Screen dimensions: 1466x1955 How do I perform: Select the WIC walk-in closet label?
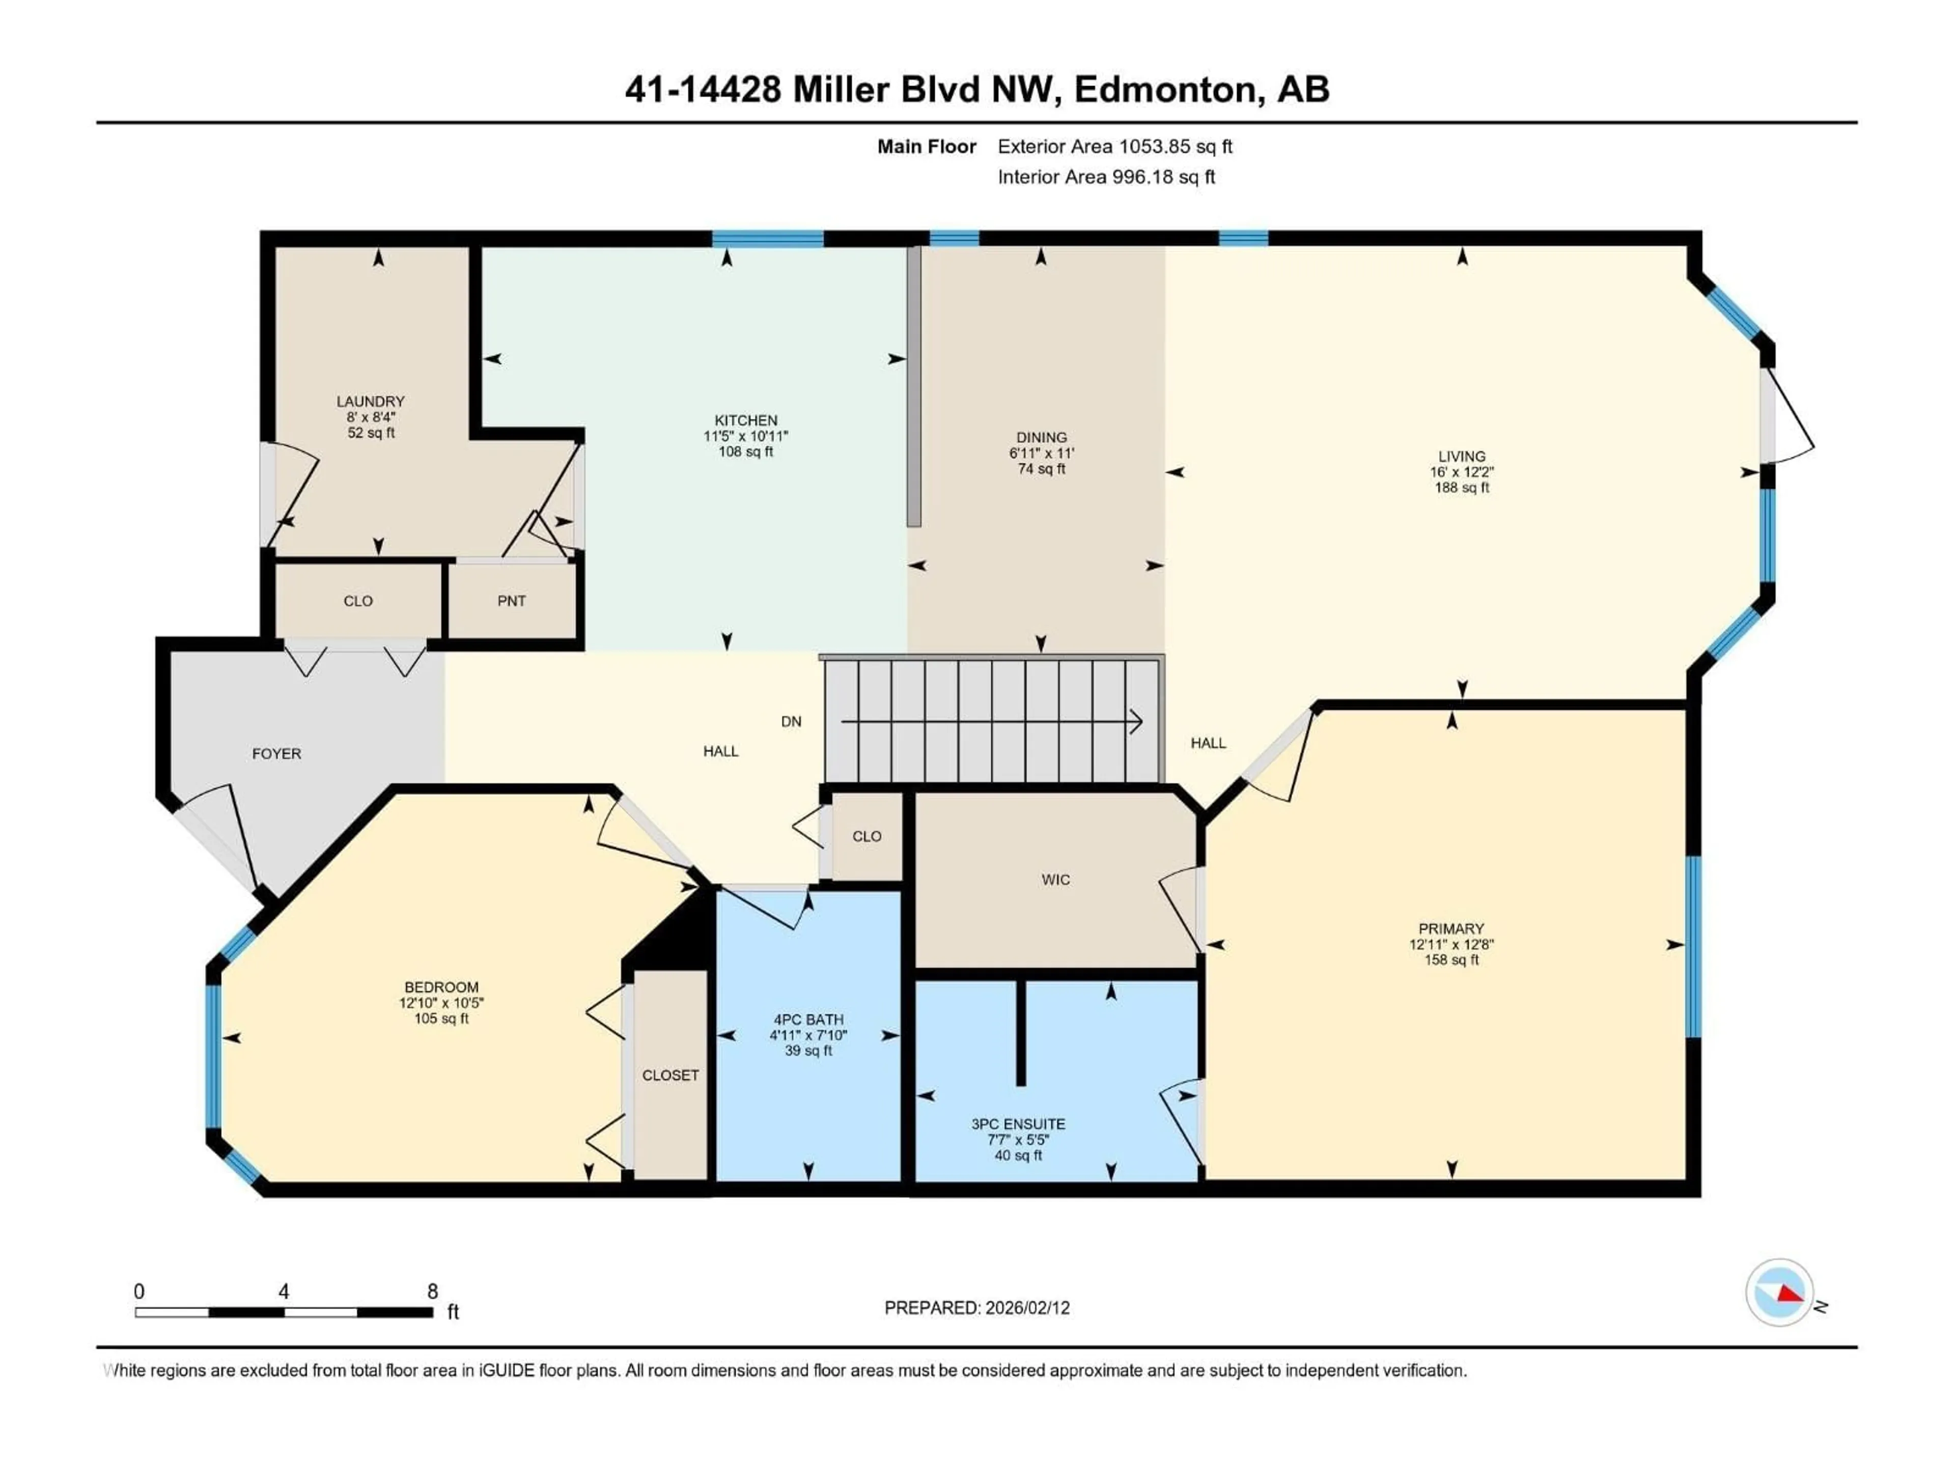click(1055, 879)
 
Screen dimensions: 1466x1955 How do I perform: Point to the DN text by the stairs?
click(791, 722)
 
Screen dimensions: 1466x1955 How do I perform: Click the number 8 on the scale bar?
click(432, 1291)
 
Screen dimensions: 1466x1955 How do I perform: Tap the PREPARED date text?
click(976, 1308)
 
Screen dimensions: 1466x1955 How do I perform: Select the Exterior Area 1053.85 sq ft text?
click(1114, 147)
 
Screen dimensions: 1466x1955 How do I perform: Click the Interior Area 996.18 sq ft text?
click(1106, 177)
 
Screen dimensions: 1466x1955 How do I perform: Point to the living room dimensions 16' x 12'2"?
click(1462, 472)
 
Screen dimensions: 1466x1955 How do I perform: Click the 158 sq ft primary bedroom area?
click(1451, 960)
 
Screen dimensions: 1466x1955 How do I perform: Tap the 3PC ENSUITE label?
click(1018, 1124)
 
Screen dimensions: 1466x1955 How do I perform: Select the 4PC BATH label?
click(808, 1019)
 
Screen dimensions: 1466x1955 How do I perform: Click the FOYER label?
click(276, 754)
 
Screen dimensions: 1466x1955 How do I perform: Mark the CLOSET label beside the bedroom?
click(670, 1076)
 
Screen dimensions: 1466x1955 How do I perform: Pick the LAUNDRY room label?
click(370, 401)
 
